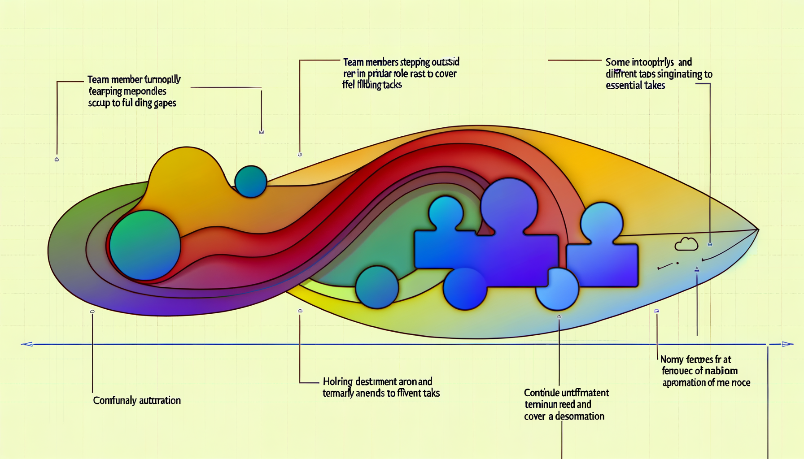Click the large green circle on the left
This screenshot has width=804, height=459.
(x=145, y=245)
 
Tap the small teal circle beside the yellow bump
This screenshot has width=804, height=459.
(x=251, y=182)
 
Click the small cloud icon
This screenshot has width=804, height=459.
(x=686, y=244)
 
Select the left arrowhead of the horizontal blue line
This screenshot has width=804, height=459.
(x=27, y=344)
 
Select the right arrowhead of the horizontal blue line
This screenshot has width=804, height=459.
(x=787, y=344)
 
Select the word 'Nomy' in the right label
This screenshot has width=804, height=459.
(x=672, y=359)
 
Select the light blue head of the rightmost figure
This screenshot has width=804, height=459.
(x=601, y=223)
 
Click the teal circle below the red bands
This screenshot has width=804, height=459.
(x=377, y=287)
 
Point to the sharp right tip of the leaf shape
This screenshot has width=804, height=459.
(x=757, y=230)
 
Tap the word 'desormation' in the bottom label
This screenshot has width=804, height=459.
(x=579, y=416)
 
